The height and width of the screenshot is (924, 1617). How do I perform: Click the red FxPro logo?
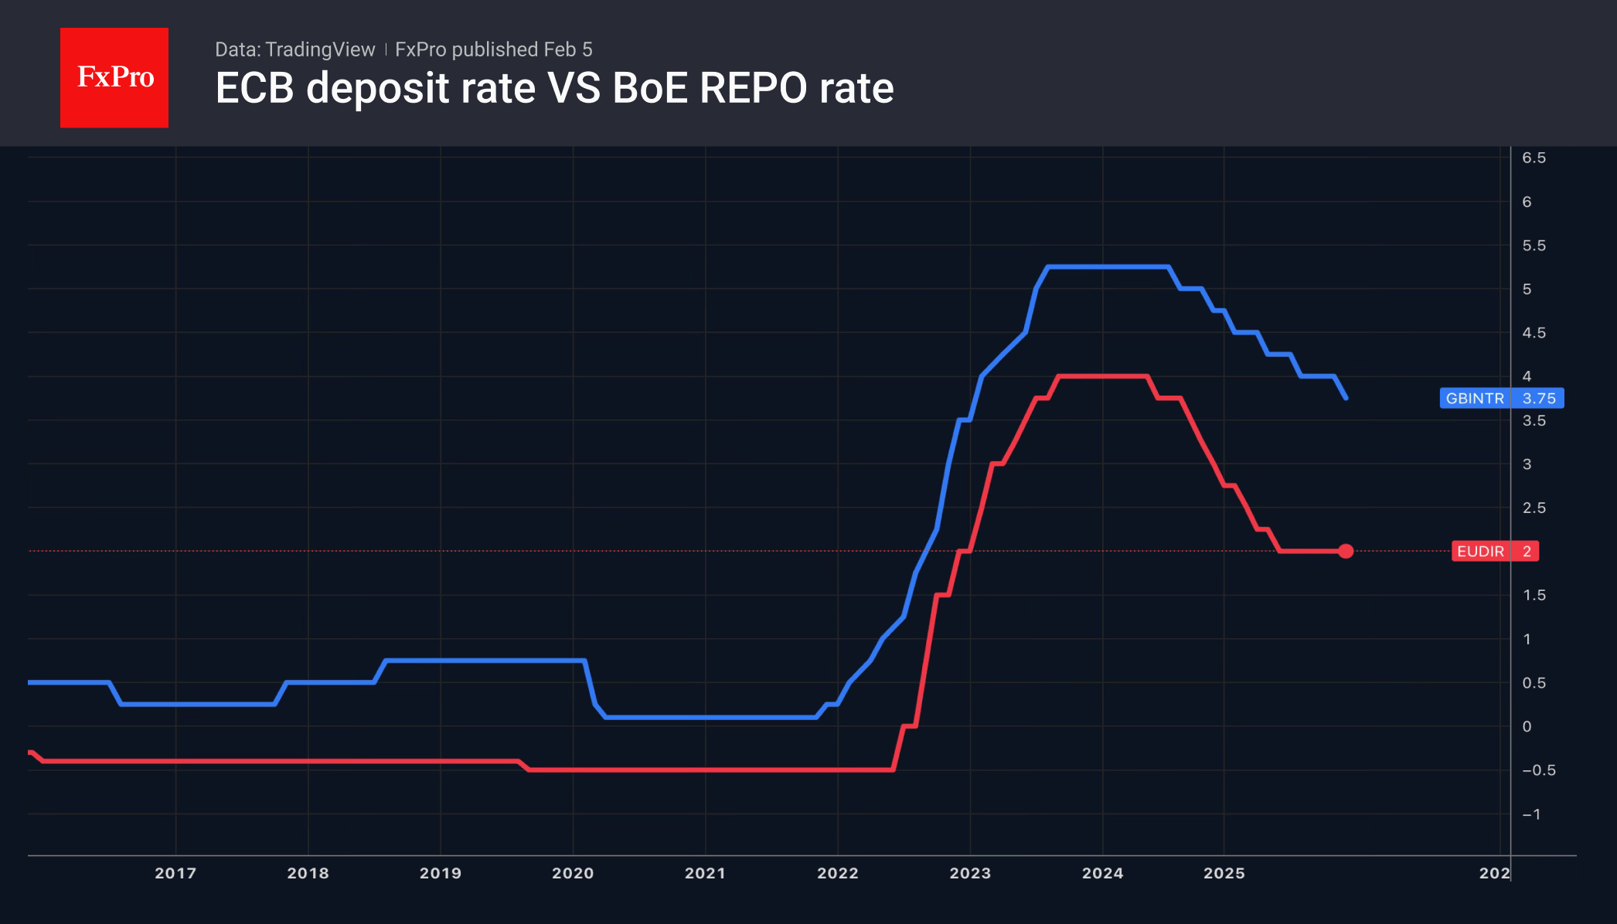114,77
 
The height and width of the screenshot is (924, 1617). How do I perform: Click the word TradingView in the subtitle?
320,49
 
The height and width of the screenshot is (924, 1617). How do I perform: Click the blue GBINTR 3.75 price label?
1501,398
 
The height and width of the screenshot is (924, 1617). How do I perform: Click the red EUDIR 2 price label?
1495,551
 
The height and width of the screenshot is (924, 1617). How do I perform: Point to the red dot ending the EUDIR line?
1346,551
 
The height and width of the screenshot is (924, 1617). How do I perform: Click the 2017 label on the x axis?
175,873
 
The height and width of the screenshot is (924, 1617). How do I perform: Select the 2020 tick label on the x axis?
573,873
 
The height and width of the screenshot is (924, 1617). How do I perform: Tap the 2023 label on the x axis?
970,873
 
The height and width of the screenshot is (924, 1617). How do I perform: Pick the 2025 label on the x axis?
1224,873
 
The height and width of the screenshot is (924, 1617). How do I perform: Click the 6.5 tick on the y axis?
1534,158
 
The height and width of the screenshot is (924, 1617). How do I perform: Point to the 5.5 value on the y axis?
1534,246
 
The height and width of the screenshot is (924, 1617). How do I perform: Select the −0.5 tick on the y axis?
1538,770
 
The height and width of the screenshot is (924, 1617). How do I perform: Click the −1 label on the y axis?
1531,814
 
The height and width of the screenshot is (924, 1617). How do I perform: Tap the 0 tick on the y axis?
1527,726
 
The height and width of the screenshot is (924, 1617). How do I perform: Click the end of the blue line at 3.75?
1346,397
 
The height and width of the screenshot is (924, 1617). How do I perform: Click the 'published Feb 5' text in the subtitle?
522,49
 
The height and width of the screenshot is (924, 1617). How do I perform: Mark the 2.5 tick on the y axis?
1534,508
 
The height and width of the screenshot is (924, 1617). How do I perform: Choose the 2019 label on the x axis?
441,873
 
